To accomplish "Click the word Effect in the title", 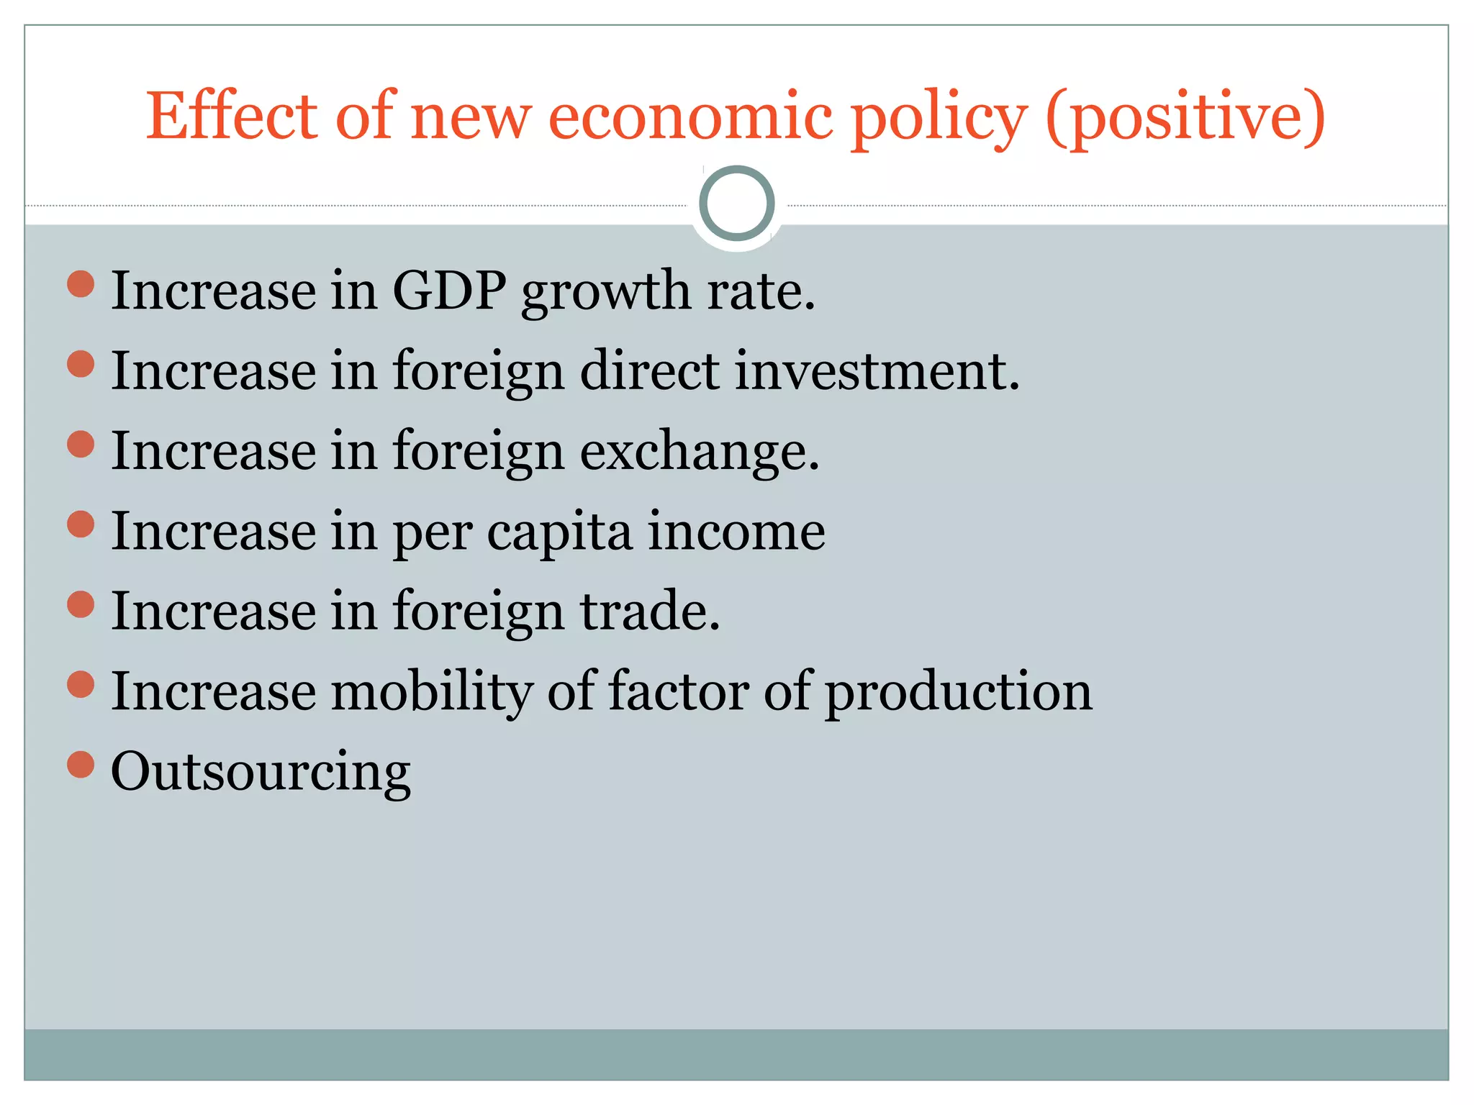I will click(x=231, y=116).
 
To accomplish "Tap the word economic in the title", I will click(x=689, y=116).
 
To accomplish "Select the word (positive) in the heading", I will click(x=1185, y=117).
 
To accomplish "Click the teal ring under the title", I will click(x=736, y=203).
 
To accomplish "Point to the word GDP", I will click(x=449, y=291).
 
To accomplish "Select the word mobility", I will click(x=430, y=691).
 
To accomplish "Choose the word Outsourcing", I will click(x=261, y=772).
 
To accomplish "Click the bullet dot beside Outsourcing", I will click(x=81, y=764).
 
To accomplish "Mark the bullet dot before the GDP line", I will click(x=81, y=283).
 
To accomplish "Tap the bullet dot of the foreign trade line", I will click(x=81, y=604).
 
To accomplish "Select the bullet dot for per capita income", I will click(x=81, y=524).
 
